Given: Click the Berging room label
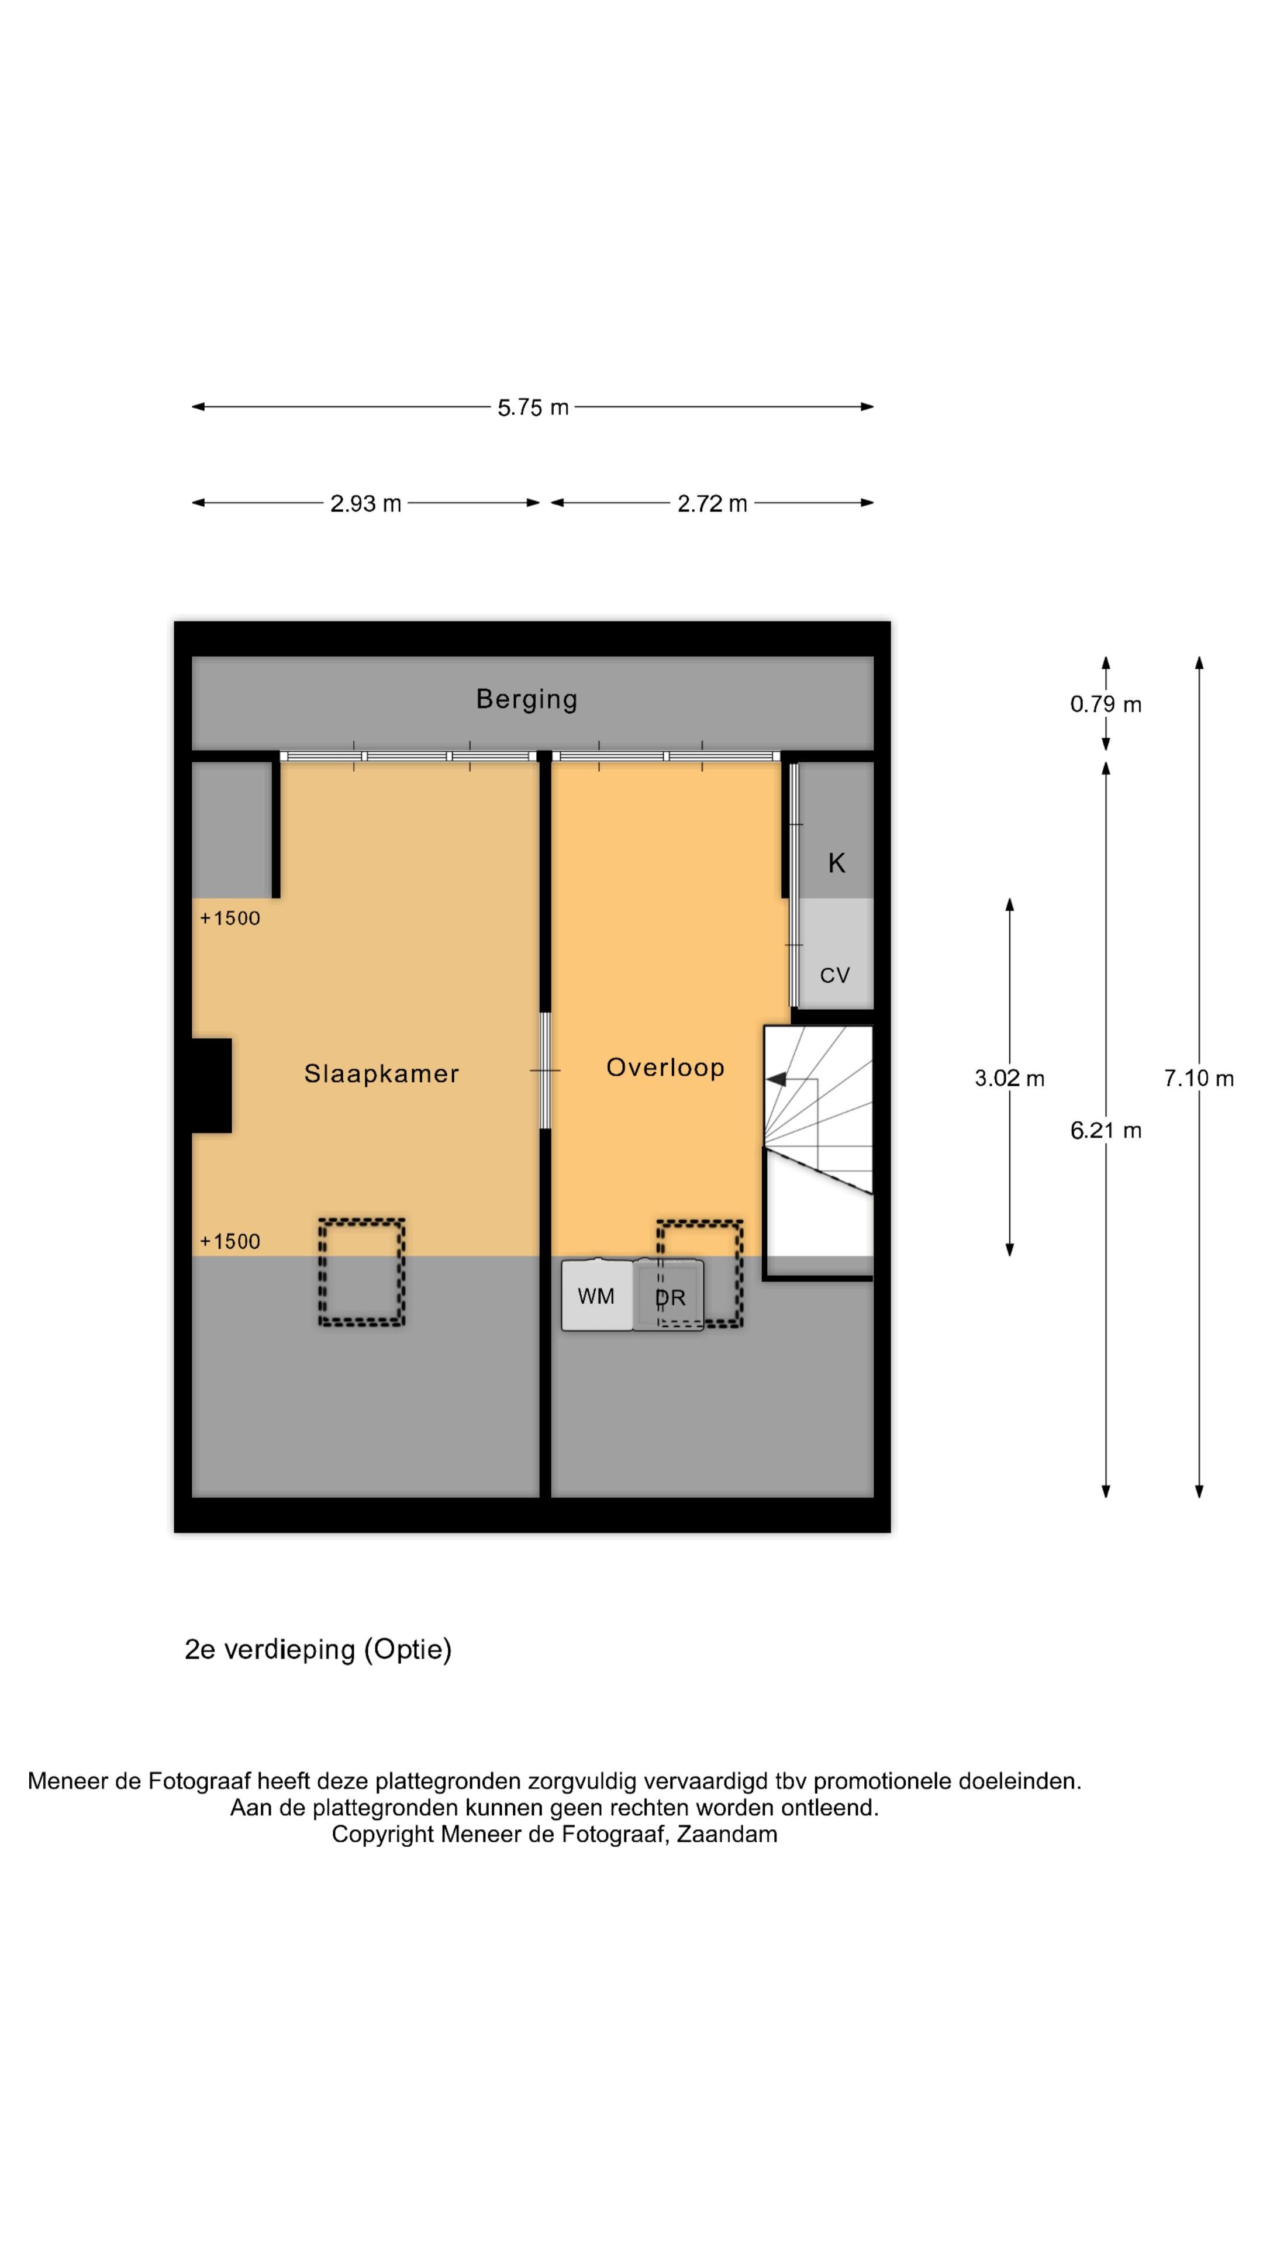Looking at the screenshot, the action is (x=526, y=700).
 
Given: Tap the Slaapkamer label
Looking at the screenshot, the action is (x=381, y=1074).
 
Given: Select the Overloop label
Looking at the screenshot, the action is (x=665, y=1068).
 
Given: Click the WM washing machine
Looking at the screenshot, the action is (x=597, y=1295).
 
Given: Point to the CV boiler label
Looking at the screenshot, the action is (x=835, y=975).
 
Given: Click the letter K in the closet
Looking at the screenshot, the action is (x=836, y=863).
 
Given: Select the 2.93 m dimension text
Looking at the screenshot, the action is (x=365, y=504).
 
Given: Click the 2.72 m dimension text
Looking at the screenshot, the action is (x=712, y=504).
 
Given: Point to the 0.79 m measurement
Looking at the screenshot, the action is (x=1105, y=704).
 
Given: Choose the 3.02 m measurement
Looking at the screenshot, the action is (x=1009, y=1078).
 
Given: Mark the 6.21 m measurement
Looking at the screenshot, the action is (x=1105, y=1130).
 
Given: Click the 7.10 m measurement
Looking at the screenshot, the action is (x=1199, y=1078).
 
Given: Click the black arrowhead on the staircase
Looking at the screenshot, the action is (x=776, y=1079).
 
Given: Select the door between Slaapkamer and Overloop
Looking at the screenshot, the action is (x=546, y=1070).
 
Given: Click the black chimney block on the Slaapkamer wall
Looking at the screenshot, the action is (x=211, y=1085).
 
